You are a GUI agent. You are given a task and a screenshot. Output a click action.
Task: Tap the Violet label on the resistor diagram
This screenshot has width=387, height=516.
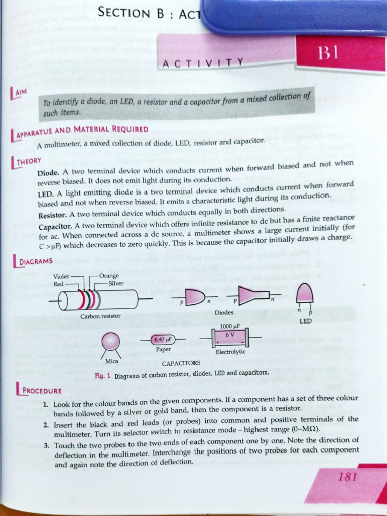tap(61, 276)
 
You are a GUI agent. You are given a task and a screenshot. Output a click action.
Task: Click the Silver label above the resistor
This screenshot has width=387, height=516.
tap(108, 284)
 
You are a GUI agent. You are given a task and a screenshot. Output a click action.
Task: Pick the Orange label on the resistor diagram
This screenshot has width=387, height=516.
tap(109, 276)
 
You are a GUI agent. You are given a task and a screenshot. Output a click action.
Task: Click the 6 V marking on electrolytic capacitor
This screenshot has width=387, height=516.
tap(229, 334)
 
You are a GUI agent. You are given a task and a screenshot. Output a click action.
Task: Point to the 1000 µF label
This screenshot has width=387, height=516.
tap(229, 325)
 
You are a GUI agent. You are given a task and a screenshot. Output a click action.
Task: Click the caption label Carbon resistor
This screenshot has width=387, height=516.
tap(100, 316)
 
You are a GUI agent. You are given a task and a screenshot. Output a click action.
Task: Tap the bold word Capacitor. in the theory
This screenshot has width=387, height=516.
tap(54, 225)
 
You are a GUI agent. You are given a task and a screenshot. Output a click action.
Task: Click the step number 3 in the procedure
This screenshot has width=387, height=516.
tap(46, 445)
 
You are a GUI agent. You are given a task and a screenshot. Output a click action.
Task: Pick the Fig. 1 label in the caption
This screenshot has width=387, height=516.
tap(103, 376)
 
